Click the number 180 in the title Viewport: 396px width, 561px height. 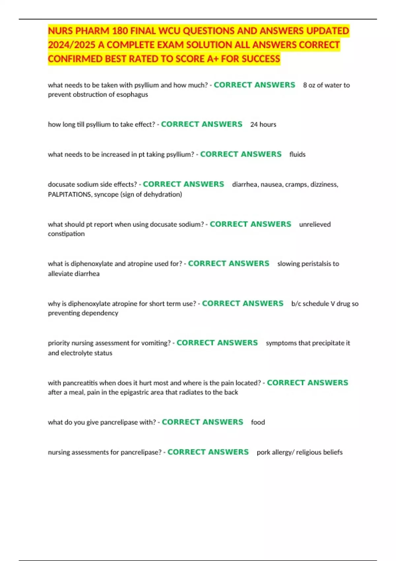click(120, 31)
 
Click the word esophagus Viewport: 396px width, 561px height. click(132, 94)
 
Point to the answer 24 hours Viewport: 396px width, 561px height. click(263, 124)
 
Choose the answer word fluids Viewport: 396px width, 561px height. click(297, 154)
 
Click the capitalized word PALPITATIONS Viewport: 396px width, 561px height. click(70, 194)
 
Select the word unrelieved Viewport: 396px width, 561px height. click(315, 224)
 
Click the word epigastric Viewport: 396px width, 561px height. click(135, 392)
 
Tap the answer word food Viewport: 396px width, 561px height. click(258, 422)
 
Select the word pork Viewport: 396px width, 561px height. click(263, 452)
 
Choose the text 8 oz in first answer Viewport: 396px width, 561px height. click(309, 85)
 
